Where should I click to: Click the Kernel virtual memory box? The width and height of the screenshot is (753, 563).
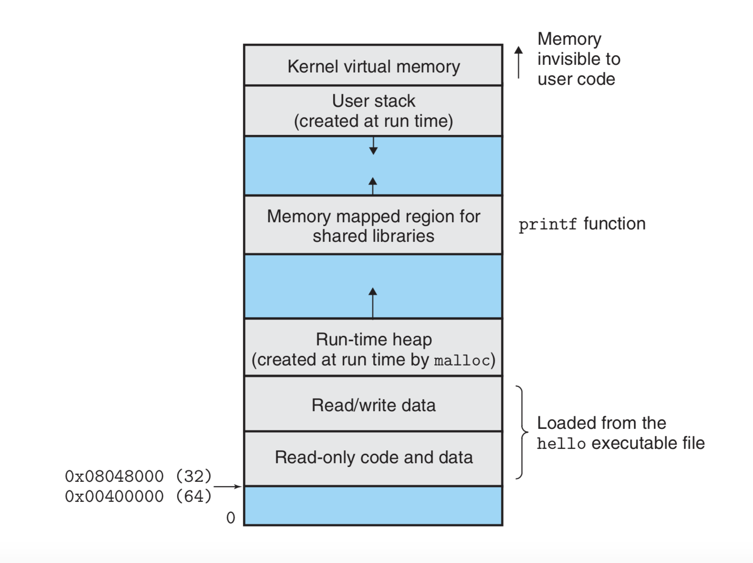pos(373,66)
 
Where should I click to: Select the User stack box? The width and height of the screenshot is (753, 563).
pos(373,111)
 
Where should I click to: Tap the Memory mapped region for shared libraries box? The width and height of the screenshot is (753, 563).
pos(373,225)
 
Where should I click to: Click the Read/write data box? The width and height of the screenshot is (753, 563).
pos(373,405)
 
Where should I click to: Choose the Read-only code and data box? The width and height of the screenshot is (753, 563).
pos(373,458)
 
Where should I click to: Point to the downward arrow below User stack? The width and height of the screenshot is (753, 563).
pos(373,146)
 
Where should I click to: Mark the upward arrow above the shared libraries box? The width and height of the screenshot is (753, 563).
pos(373,186)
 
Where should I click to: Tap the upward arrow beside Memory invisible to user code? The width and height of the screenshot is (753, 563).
pos(519,62)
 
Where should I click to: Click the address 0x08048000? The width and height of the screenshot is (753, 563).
pos(114,476)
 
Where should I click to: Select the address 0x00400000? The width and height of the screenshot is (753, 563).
pos(114,496)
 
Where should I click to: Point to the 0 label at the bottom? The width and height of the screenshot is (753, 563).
pos(230,518)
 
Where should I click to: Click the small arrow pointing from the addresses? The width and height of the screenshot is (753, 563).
pos(228,487)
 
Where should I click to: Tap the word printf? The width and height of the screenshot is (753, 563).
pos(547,224)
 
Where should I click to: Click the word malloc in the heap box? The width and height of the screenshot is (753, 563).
pos(462,361)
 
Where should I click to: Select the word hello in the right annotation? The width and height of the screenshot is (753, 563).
pos(561,444)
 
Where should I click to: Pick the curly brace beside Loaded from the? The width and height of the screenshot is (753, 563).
pos(522,432)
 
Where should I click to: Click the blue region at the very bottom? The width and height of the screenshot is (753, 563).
pos(373,506)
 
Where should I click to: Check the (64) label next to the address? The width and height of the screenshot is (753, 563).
pos(194,496)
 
